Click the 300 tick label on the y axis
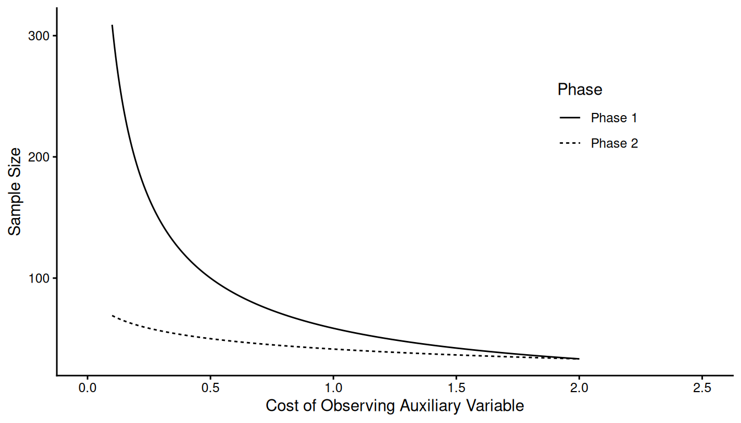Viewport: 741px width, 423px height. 39,36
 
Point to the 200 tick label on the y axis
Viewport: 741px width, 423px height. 39,157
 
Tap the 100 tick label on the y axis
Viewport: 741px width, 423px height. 39,278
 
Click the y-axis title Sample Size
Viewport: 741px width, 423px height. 15,191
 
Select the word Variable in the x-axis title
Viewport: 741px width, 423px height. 495,406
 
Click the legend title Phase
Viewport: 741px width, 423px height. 579,89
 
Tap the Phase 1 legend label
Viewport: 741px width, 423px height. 614,118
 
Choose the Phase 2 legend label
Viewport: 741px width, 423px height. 614,143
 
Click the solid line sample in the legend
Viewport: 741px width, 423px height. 570,118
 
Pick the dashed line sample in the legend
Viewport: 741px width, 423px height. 570,143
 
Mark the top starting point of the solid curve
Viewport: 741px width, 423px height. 112,25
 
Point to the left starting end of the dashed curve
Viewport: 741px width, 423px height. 112,316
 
